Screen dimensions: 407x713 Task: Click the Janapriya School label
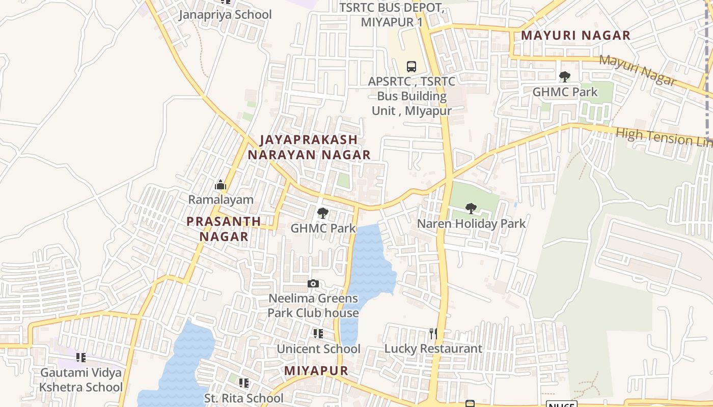tap(225, 15)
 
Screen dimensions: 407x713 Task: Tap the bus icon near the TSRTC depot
tap(412, 66)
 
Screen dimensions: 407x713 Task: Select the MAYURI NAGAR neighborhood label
tap(576, 36)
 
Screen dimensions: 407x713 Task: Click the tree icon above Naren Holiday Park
tap(471, 208)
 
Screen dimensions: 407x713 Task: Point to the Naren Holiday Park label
tap(471, 223)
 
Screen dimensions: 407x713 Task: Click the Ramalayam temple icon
tap(221, 185)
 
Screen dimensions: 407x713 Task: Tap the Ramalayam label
tap(221, 199)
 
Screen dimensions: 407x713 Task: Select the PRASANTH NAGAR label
tap(224, 229)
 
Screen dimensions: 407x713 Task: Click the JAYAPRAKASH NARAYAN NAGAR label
tap(309, 147)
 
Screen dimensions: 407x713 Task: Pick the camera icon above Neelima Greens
tap(313, 283)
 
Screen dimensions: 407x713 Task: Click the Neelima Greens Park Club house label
tap(313, 305)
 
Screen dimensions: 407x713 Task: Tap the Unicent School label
tap(318, 349)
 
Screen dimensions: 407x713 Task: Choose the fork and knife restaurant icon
tap(433, 334)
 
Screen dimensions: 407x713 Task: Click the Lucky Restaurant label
tap(433, 348)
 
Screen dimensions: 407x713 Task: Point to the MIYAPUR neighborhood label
tap(316, 371)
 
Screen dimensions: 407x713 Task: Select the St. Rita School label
tap(243, 398)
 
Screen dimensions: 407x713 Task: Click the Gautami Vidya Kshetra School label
tap(81, 380)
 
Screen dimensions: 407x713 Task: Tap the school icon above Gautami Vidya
tap(81, 358)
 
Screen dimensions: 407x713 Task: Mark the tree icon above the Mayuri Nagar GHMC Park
tap(564, 77)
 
